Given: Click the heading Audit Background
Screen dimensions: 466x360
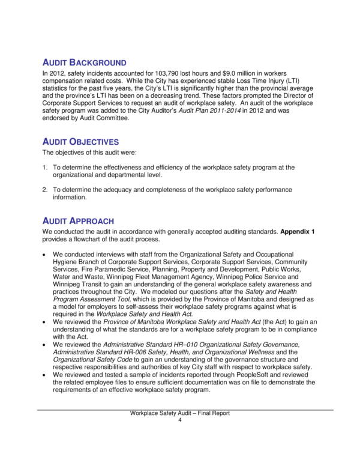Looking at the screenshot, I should coord(84,62).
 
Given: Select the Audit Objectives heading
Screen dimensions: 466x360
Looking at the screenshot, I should coord(80,142).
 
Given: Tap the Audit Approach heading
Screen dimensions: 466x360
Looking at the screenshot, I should coord(78,221).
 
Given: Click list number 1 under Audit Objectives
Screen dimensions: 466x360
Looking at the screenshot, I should coord(45,168).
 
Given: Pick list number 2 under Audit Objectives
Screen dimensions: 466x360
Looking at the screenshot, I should coord(45,190).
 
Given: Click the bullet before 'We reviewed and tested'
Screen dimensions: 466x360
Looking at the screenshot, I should coord(46,373).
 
